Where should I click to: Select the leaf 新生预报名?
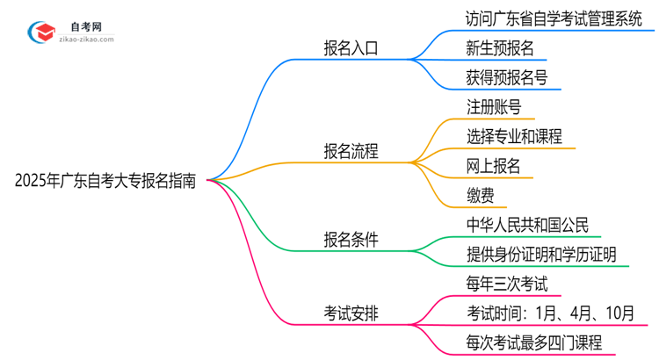pyautogui.click(x=499, y=48)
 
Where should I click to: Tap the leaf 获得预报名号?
pyautogui.click(x=507, y=78)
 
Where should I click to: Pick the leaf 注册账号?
pyautogui.click(x=494, y=107)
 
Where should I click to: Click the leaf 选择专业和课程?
pyautogui.click(x=515, y=136)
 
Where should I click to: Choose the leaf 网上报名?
pyautogui.click(x=494, y=166)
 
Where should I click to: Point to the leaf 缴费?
pyautogui.click(x=480, y=195)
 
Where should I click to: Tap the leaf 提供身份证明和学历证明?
pyautogui.click(x=541, y=254)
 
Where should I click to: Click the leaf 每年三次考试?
pyautogui.click(x=507, y=283)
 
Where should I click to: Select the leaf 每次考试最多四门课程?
pyautogui.click(x=535, y=342)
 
